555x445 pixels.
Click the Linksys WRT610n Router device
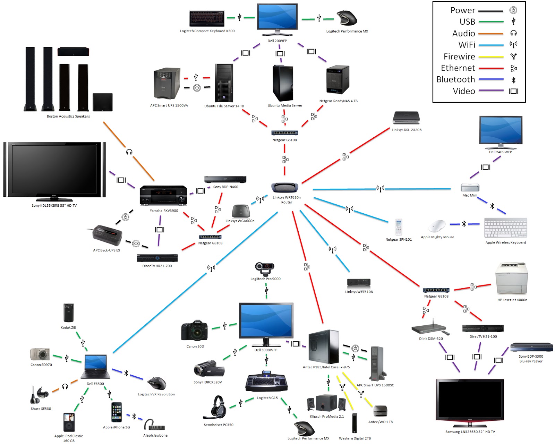tap(285, 188)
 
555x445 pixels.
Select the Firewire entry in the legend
tap(459, 57)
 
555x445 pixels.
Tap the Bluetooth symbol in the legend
tap(513, 80)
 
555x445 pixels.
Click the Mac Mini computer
tap(470, 188)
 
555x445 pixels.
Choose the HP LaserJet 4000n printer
tap(512, 279)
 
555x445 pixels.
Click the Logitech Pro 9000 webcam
tap(265, 268)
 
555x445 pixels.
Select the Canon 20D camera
tap(194, 330)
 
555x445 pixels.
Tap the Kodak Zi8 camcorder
tap(68, 313)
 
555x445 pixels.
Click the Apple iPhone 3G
tap(117, 412)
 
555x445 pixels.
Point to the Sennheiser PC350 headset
tap(217, 408)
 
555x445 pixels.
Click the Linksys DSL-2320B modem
tap(406, 118)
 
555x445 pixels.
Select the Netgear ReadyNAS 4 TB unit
tap(337, 80)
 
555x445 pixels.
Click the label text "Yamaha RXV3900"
tap(164, 211)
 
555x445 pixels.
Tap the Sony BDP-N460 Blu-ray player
tap(225, 179)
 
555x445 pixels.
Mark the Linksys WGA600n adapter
tap(241, 211)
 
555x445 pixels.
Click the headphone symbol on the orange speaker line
tap(129, 152)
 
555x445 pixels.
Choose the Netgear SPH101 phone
tap(399, 228)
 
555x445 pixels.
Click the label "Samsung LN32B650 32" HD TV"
tap(470, 432)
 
